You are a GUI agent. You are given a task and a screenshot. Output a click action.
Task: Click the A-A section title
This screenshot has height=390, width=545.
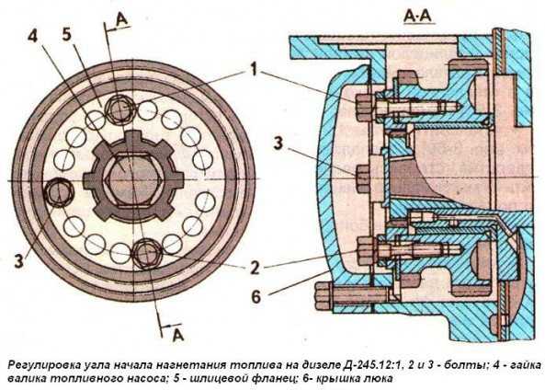419,16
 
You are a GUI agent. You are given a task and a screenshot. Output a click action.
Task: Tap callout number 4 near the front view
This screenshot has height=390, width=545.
32,36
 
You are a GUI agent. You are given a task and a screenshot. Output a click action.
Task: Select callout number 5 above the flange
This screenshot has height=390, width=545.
67,34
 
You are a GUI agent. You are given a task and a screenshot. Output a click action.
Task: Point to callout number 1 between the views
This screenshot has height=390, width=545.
254,69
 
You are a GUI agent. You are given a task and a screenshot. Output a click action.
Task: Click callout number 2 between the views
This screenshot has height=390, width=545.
255,267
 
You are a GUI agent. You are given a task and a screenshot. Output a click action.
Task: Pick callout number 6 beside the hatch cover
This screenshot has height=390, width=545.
255,297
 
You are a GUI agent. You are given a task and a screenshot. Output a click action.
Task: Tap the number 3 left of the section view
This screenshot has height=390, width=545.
278,143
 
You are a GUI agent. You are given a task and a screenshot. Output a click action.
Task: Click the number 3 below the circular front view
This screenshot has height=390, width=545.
19,260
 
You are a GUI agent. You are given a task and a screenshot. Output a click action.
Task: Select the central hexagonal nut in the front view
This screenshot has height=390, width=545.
133,179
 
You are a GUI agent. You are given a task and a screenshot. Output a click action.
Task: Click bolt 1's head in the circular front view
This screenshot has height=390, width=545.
119,109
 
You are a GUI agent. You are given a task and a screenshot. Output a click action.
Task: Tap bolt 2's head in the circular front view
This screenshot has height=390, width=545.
147,254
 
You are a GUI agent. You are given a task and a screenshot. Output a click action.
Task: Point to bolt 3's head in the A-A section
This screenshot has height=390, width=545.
364,178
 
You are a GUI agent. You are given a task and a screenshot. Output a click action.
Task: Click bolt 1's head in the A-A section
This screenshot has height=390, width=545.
364,105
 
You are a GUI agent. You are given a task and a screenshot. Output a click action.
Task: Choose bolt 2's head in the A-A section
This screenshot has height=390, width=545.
365,251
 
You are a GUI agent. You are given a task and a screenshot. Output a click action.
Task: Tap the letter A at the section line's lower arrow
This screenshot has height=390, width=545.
178,334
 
